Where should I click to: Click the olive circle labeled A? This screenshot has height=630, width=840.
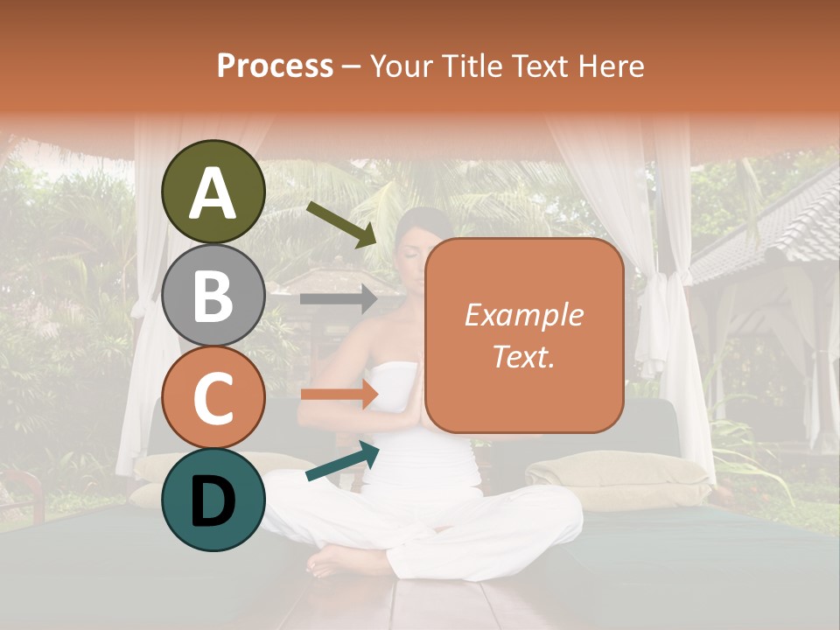click(213, 192)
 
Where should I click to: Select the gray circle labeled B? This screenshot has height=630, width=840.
click(213, 296)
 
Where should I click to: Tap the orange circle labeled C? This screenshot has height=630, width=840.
click(213, 398)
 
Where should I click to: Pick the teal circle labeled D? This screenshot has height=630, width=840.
click(213, 500)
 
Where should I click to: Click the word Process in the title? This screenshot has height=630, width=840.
click(275, 66)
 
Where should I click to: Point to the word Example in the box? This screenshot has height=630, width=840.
click(523, 315)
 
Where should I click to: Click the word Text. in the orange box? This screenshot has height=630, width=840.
click(523, 357)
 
